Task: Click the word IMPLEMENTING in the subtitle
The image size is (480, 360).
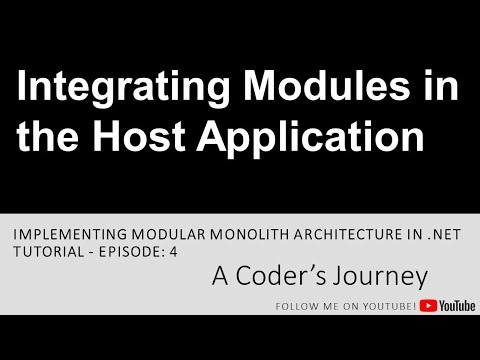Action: pos(65,232)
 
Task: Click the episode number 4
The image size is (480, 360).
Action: pos(174,251)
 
